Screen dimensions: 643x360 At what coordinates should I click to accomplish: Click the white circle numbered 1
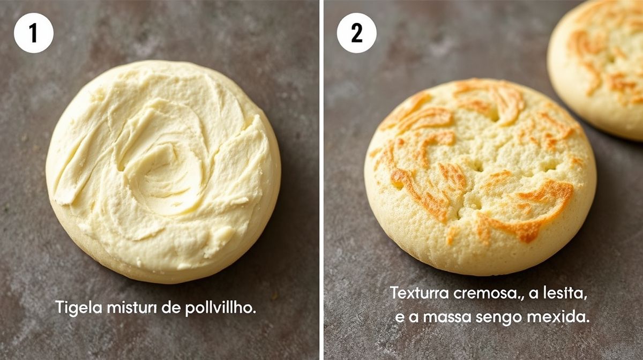[x=34, y=33]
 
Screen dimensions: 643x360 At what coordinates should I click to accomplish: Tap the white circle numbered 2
[x=357, y=33]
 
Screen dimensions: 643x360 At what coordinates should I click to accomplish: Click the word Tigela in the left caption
[x=78, y=308]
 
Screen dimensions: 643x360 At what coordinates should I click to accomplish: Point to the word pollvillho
[x=220, y=308]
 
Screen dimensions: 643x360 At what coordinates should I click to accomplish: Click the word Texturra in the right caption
[x=420, y=293]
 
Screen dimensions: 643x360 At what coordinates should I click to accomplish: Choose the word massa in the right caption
[x=447, y=317]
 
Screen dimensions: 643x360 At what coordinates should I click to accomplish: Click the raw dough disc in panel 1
[x=163, y=171]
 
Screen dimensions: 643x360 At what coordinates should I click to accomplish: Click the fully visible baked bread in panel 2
[x=480, y=177]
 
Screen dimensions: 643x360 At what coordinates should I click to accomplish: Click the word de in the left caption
[x=171, y=308]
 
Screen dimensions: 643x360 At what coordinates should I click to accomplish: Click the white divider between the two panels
[x=322, y=180]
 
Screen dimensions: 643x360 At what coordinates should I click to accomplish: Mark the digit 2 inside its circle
[x=357, y=33]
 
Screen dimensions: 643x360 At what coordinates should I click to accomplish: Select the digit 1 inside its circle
[x=33, y=33]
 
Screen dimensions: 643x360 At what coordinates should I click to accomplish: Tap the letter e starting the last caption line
[x=400, y=318]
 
